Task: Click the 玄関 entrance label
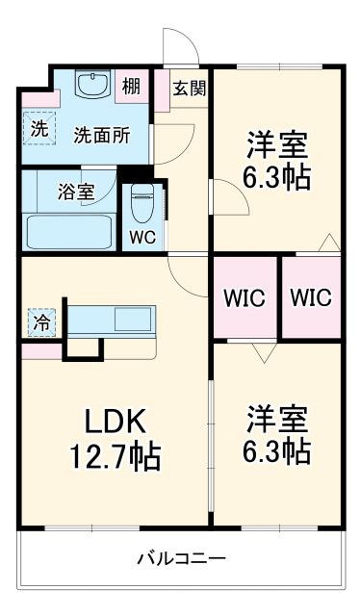click(x=186, y=87)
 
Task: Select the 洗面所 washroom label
click(x=102, y=135)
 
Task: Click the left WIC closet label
click(x=243, y=297)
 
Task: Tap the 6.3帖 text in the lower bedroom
click(x=277, y=449)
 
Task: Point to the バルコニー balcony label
click(x=181, y=557)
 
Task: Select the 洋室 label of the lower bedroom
click(x=277, y=420)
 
